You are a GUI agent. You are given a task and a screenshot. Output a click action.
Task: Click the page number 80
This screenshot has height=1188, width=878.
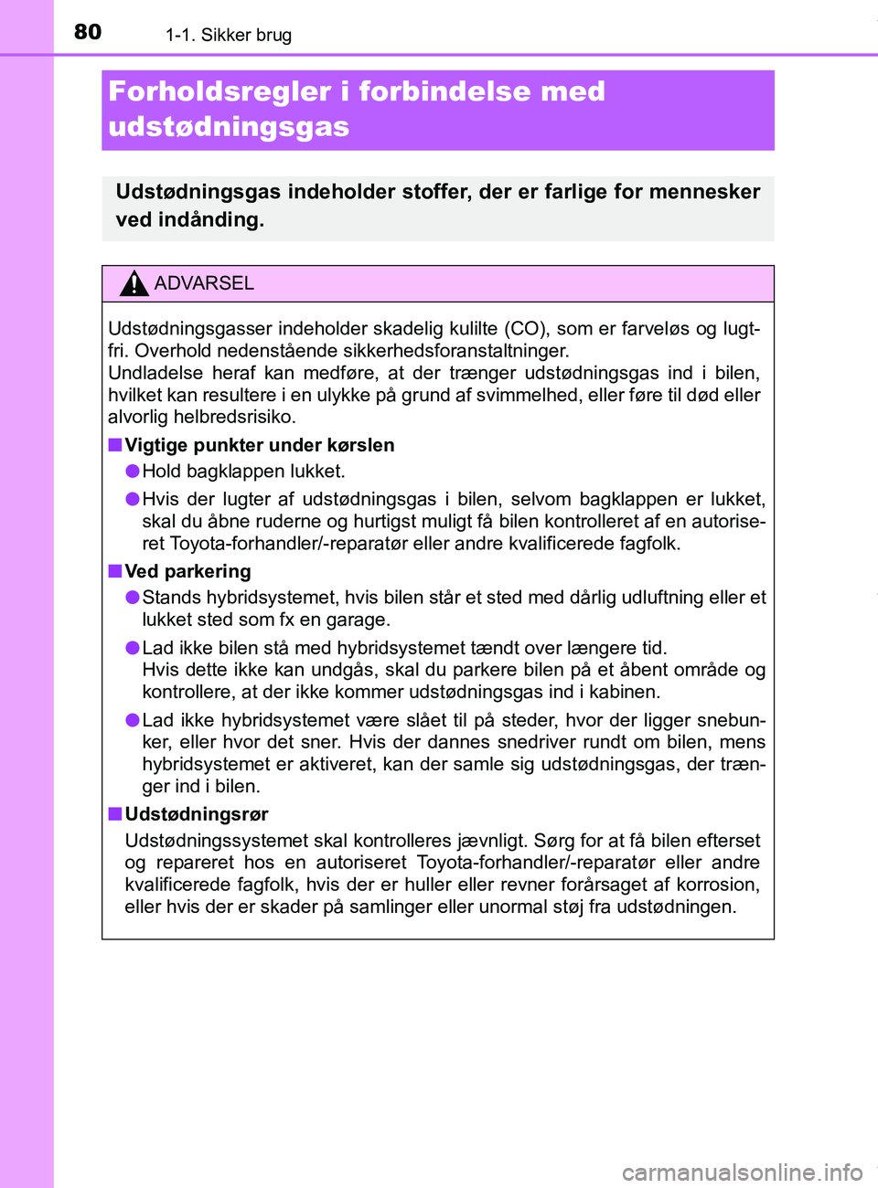pos(88,32)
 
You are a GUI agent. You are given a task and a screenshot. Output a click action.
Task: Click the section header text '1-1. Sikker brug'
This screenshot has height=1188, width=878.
pos(228,36)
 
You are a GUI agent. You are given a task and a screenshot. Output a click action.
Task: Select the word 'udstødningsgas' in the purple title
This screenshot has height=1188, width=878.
pos(229,126)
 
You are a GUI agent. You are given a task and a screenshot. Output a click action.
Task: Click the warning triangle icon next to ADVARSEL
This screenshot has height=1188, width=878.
pos(134,283)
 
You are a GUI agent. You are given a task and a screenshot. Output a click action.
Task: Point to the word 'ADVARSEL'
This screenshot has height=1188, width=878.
pos(204,283)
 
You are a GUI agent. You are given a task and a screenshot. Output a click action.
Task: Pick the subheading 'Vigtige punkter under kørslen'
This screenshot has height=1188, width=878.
pos(260,445)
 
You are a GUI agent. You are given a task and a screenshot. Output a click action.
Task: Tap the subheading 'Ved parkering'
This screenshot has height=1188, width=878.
pos(187,571)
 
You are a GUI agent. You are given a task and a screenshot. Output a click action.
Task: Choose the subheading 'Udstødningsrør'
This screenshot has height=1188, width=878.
pos(197,814)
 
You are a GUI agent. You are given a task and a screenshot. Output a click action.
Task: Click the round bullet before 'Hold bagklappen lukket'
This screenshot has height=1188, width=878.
pos(133,471)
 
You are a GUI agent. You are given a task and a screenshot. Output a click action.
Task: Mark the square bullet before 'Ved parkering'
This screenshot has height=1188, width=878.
pos(114,571)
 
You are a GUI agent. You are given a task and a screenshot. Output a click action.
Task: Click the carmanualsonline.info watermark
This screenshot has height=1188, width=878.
pos(742,1172)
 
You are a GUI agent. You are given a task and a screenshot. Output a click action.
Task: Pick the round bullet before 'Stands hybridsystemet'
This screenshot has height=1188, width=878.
pos(133,597)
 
